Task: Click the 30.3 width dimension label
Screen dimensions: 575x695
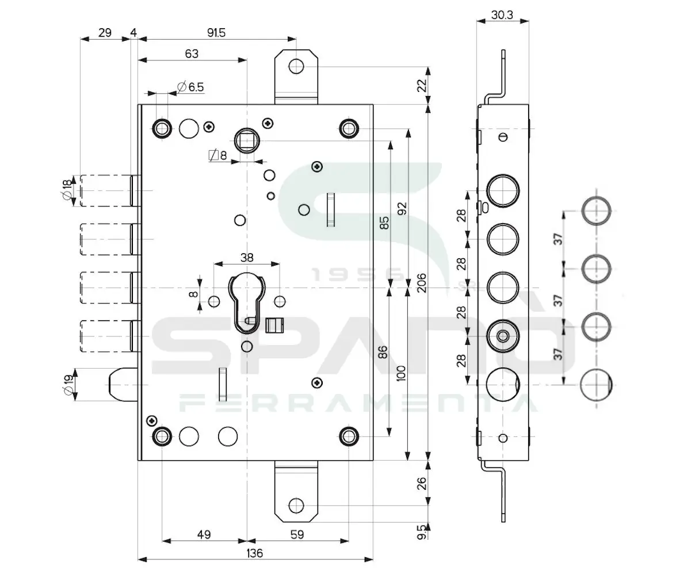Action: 502,15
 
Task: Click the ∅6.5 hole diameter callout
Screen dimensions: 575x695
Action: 190,87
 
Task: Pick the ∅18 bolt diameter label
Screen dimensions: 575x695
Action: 67,190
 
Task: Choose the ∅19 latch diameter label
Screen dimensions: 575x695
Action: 67,385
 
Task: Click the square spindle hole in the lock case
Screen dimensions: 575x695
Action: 247,139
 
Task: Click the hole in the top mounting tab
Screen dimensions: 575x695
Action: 296,66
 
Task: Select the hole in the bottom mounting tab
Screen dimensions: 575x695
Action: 296,505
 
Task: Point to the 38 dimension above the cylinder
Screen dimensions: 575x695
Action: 246,258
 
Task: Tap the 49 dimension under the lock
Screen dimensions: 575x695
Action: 204,535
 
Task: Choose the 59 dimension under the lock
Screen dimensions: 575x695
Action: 297,535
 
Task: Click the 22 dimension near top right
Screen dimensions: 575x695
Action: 422,85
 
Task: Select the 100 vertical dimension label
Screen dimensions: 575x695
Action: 402,373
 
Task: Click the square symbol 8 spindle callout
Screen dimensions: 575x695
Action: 217,155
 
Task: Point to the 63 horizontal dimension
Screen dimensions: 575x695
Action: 192,53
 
